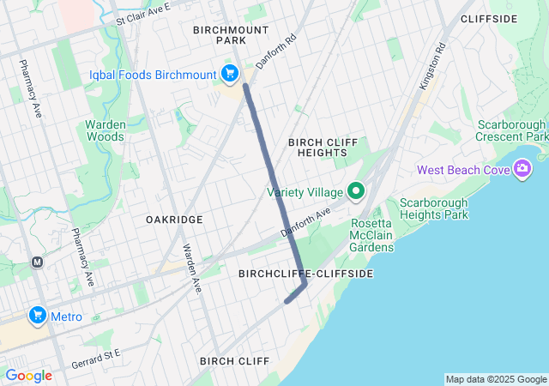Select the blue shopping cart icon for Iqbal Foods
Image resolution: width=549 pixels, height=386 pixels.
coord(229,75)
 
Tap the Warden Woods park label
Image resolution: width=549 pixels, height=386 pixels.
coord(106,130)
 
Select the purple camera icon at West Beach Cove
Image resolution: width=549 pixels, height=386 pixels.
coord(521,170)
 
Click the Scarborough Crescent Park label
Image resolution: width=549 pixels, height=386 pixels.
coord(513,130)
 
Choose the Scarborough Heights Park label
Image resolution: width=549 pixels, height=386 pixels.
coord(434,208)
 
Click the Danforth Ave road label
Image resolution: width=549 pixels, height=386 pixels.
coord(305,222)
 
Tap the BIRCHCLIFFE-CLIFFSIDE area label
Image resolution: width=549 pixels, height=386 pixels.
coord(305,273)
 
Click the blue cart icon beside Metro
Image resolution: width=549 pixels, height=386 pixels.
coord(37,317)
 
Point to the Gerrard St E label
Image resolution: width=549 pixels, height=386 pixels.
coord(96,353)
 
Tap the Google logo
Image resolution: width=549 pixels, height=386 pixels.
coord(28,376)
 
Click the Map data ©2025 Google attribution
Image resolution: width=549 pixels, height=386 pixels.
coord(495,379)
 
